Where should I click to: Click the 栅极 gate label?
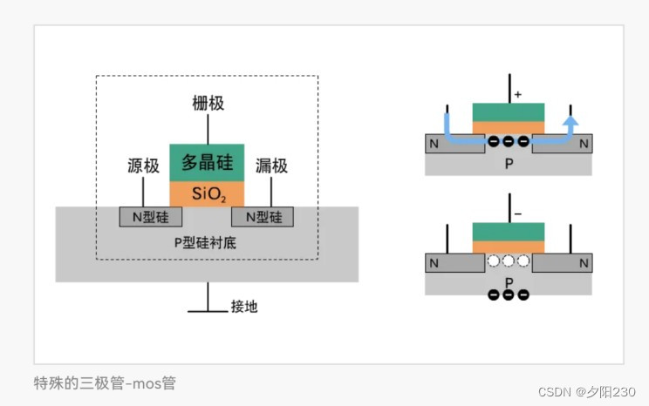pyautogui.click(x=208, y=103)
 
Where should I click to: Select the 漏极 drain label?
pyautogui.click(x=271, y=165)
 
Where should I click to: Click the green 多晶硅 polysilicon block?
pyautogui.click(x=207, y=162)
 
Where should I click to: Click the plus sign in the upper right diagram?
pyautogui.click(x=517, y=93)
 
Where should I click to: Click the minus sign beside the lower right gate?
pyautogui.click(x=517, y=213)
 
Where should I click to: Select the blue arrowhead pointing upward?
pyautogui.click(x=570, y=122)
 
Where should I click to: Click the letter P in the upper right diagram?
pyautogui.click(x=509, y=163)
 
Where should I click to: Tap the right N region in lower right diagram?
pyautogui.click(x=584, y=262)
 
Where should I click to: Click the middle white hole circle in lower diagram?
pyautogui.click(x=509, y=261)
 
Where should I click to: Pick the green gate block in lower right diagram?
pyautogui.click(x=509, y=231)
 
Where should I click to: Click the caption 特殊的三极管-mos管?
pyautogui.click(x=105, y=382)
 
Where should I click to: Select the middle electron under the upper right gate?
pyautogui.click(x=509, y=141)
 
